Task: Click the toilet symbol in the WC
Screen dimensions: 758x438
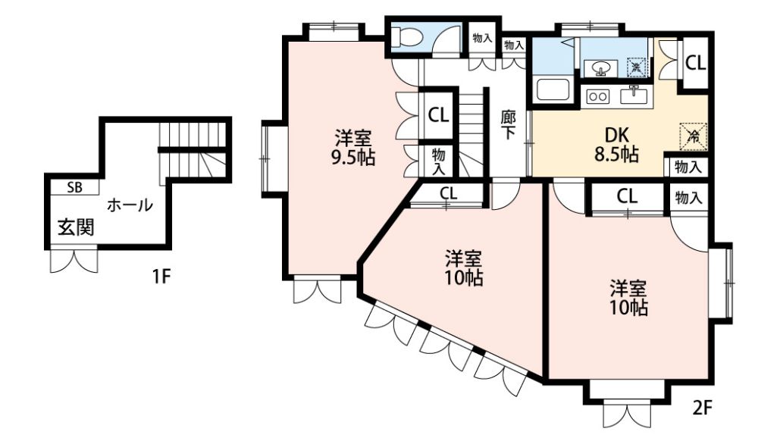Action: pos(402,36)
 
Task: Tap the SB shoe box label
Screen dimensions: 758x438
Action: pos(74,188)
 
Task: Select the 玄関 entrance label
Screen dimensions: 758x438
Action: pos(76,227)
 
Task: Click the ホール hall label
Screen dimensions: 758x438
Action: pos(130,205)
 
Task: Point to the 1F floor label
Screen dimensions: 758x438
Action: pos(161,277)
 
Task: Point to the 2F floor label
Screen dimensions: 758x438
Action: pos(703,408)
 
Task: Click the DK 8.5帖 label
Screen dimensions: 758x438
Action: pos(616,144)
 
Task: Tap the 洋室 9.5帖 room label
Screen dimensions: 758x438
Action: pos(354,148)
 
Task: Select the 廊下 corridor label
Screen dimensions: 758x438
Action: pos(508,125)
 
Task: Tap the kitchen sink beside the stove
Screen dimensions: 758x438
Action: pos(634,95)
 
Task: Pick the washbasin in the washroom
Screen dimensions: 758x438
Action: pos(600,67)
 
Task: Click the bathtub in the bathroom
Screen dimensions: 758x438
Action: pos(553,89)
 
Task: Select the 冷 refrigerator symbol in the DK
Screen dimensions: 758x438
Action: pos(694,137)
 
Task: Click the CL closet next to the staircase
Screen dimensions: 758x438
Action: pos(438,115)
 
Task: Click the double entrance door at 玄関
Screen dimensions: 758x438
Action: pos(74,260)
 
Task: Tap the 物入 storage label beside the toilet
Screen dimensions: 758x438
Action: pos(482,38)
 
